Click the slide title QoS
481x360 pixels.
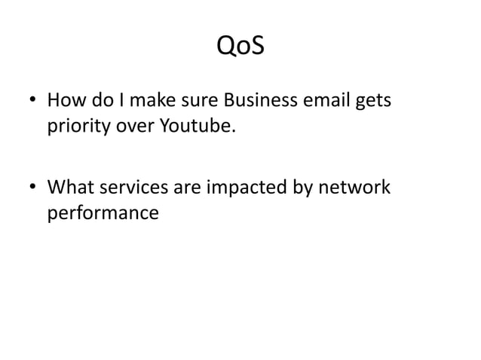pos(240,47)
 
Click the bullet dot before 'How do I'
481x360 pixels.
pos(31,101)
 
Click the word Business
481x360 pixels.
pos(253,99)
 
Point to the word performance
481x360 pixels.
pos(103,213)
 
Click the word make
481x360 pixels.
pos(149,99)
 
